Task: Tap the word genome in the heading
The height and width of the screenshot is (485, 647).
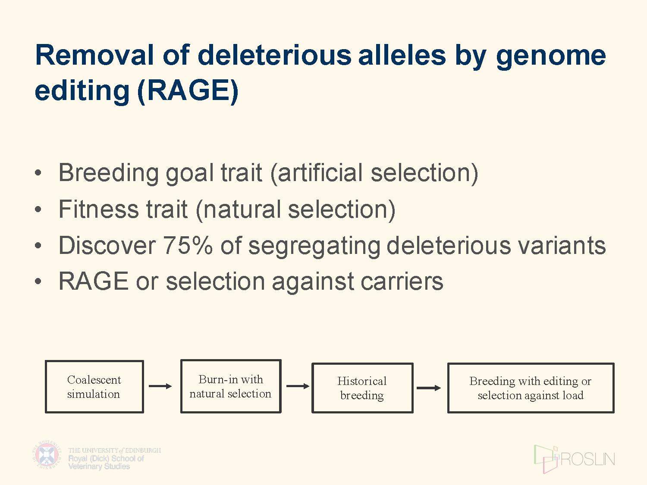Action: click(551, 57)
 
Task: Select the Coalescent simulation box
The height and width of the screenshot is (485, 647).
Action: click(94, 387)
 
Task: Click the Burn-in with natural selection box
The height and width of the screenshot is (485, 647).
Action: click(231, 386)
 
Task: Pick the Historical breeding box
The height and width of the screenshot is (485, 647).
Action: click(362, 388)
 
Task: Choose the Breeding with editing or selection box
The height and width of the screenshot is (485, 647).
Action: click(531, 388)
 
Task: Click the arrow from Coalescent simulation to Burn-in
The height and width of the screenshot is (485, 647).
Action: click(160, 386)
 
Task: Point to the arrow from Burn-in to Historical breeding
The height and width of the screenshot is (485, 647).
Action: click(298, 386)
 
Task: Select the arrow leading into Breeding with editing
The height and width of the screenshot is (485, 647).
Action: click(429, 388)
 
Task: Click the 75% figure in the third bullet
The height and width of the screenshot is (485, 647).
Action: click(188, 245)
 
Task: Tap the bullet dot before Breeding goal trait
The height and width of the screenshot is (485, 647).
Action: click(38, 173)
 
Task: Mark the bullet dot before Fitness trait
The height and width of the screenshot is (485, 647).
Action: click(38, 210)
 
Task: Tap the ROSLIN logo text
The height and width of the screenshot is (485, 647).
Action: click(587, 460)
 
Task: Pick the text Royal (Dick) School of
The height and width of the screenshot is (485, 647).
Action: click(106, 459)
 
